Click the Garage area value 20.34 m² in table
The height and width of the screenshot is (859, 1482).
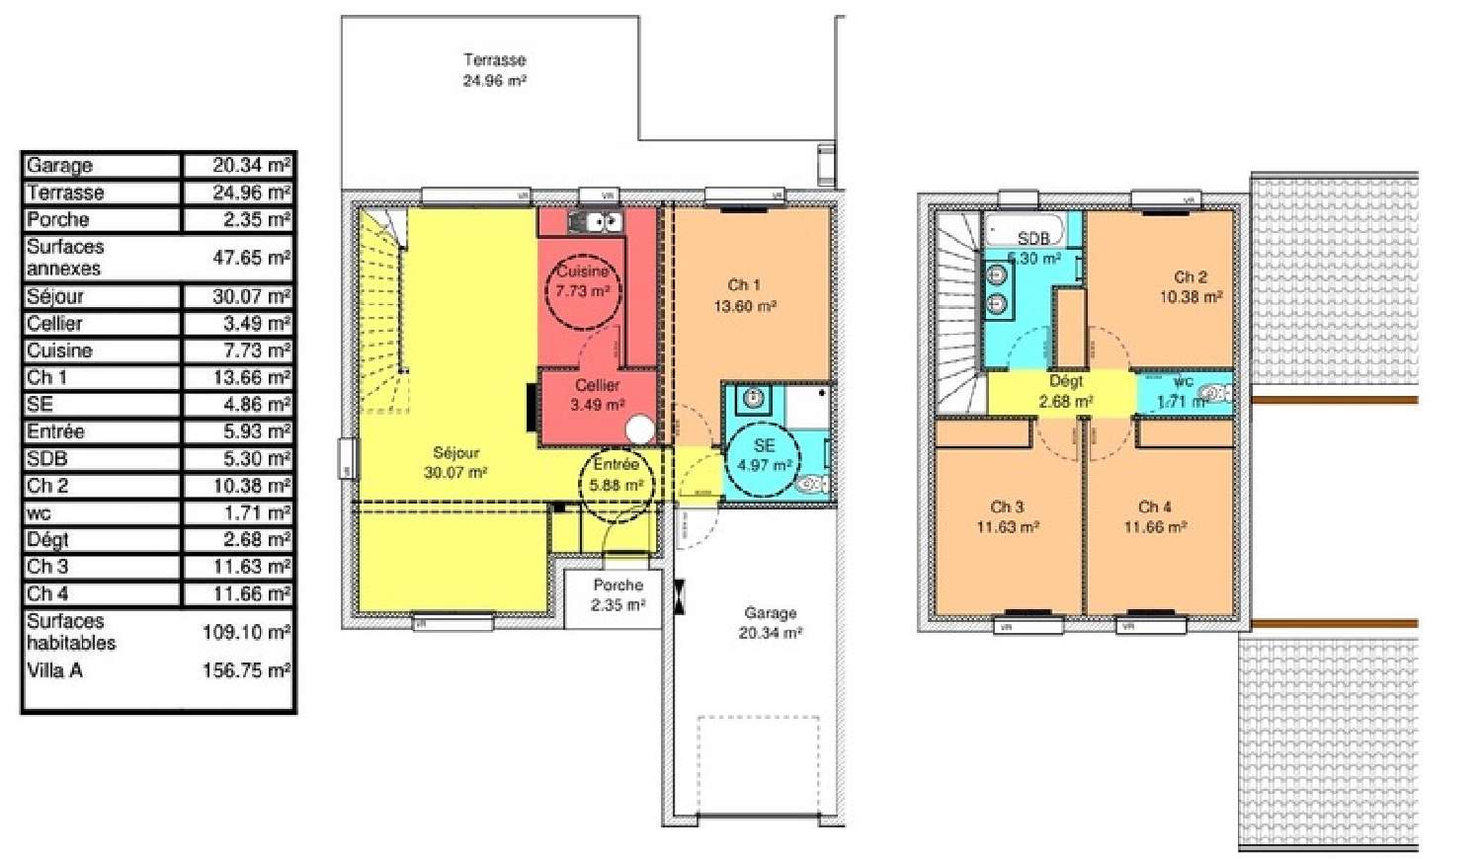[251, 165]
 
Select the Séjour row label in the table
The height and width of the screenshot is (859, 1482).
[55, 296]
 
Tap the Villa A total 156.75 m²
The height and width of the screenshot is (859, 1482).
[246, 670]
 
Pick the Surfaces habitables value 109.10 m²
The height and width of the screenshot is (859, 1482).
[246, 632]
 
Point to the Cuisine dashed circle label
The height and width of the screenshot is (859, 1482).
[582, 281]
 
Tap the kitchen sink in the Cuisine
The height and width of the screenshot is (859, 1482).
[596, 222]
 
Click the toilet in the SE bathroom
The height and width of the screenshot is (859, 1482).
[812, 484]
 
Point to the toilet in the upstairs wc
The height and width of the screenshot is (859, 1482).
[1213, 394]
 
